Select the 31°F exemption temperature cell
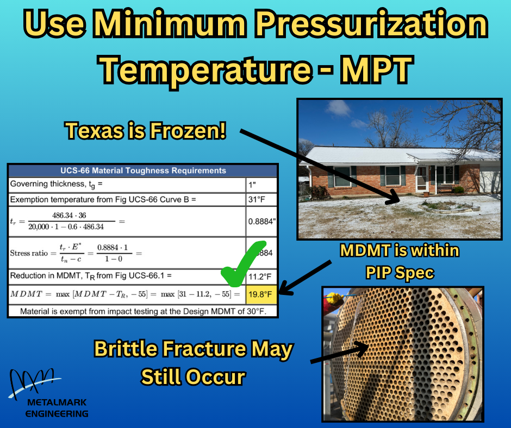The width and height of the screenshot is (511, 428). [x=260, y=199]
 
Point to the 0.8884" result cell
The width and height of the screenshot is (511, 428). [x=260, y=221]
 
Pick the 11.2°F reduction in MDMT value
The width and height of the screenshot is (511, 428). [x=260, y=276]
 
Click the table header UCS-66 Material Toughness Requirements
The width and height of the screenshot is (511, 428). [x=144, y=171]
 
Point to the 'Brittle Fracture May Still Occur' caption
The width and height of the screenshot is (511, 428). [x=193, y=362]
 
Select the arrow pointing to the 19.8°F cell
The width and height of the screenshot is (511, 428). [x=307, y=278]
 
